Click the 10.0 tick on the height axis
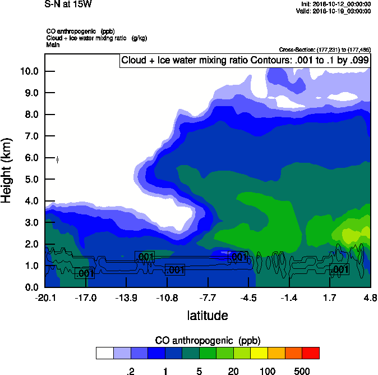[x=29, y=71]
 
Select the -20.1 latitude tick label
[x=45, y=298]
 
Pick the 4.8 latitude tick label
[x=370, y=298]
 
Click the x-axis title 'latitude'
[x=208, y=315]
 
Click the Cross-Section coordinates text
[x=325, y=50]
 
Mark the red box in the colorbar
[x=310, y=353]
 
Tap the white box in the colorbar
[x=104, y=353]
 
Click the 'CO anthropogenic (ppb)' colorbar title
[x=208, y=341]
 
